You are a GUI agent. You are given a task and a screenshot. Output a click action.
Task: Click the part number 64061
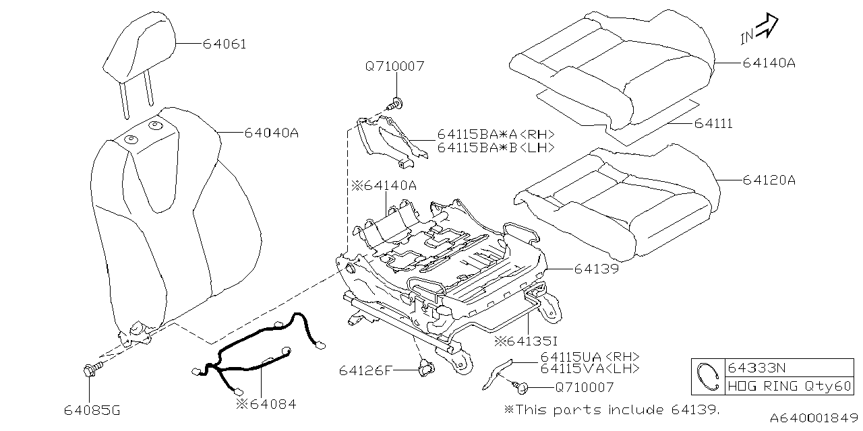coord(225,44)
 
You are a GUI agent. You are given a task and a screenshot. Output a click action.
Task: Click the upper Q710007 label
coord(395,67)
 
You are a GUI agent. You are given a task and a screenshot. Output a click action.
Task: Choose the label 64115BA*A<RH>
coord(496,135)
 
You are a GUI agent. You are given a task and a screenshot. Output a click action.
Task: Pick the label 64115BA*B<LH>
coord(496,147)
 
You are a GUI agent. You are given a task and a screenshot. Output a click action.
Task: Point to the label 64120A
coord(769,180)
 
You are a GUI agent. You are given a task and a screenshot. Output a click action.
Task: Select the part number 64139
coord(597,269)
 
